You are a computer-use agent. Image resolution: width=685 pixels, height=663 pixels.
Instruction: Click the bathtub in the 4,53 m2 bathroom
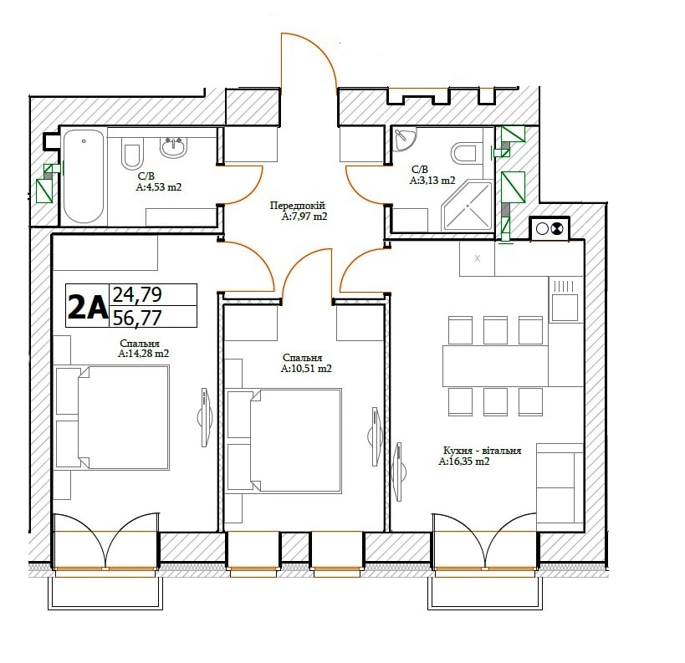84,176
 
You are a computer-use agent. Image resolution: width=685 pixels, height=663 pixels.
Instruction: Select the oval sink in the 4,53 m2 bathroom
173,147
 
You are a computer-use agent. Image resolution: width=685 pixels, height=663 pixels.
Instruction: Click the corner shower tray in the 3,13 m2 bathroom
468,207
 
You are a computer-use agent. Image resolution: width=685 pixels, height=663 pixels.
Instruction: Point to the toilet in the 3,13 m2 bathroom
463,153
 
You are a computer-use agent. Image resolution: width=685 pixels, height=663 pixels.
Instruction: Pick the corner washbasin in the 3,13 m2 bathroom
404,139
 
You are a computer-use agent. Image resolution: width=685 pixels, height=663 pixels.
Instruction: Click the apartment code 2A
87,307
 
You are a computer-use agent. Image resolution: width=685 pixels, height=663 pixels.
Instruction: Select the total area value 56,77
137,318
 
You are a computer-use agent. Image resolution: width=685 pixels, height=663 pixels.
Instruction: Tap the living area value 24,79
137,295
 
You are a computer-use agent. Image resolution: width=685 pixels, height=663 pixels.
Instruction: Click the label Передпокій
297,206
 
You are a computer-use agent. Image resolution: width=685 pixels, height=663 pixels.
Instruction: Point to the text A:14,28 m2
143,354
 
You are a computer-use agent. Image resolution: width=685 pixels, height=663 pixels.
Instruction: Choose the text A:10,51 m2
306,368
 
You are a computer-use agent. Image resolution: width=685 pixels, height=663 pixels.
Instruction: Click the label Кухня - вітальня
483,451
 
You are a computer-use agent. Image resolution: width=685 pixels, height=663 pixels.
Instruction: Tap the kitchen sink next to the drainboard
565,307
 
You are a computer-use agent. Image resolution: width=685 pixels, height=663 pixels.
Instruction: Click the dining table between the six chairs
495,366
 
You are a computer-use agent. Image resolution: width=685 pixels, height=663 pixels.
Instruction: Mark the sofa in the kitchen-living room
560,482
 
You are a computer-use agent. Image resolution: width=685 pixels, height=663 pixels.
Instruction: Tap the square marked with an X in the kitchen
477,258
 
